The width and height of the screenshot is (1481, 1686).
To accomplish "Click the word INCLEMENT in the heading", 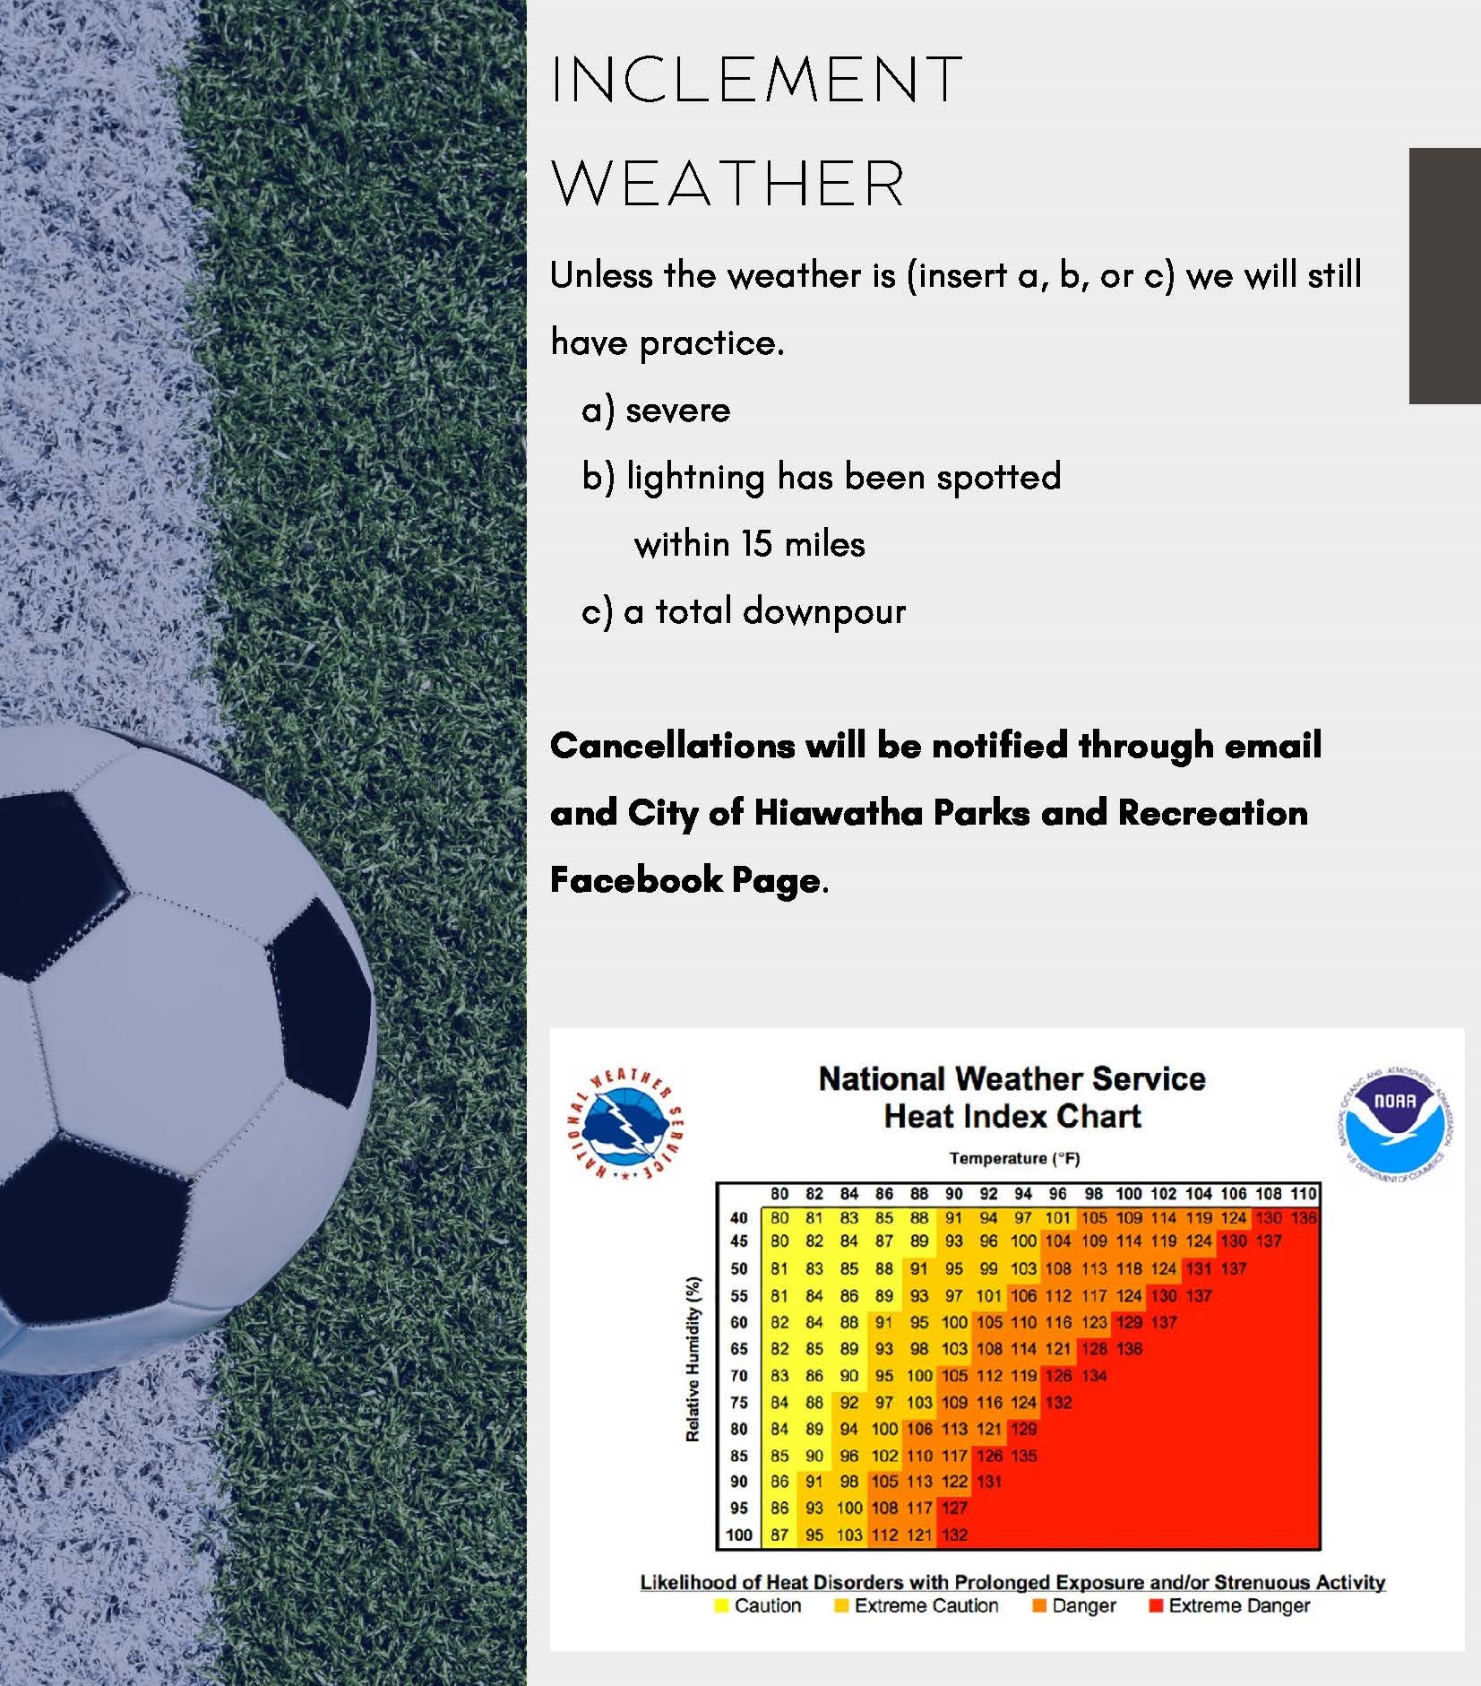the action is pyautogui.click(x=756, y=79).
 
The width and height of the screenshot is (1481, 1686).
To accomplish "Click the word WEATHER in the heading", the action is pyautogui.click(x=728, y=184).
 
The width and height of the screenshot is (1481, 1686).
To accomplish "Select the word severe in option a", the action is pyautogui.click(x=678, y=411).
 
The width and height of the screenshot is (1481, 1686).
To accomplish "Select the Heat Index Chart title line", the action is pyautogui.click(x=1012, y=1117).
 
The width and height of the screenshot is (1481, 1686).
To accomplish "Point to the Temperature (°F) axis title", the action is pyautogui.click(x=1014, y=1158).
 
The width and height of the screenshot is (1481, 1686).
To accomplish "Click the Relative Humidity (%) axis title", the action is pyautogui.click(x=693, y=1360).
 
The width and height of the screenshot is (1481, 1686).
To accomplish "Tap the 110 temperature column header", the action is pyautogui.click(x=1303, y=1193).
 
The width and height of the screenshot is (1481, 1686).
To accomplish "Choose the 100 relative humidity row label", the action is pyautogui.click(x=739, y=1535).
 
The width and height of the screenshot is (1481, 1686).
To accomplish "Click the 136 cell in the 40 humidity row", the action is pyautogui.click(x=1303, y=1217).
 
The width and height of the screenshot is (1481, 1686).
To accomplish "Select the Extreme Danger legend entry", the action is pyautogui.click(x=1229, y=1605).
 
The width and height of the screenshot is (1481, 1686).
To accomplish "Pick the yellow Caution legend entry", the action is pyautogui.click(x=758, y=1605).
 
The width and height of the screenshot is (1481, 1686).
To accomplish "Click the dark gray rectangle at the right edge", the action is pyautogui.click(x=1445, y=276).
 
